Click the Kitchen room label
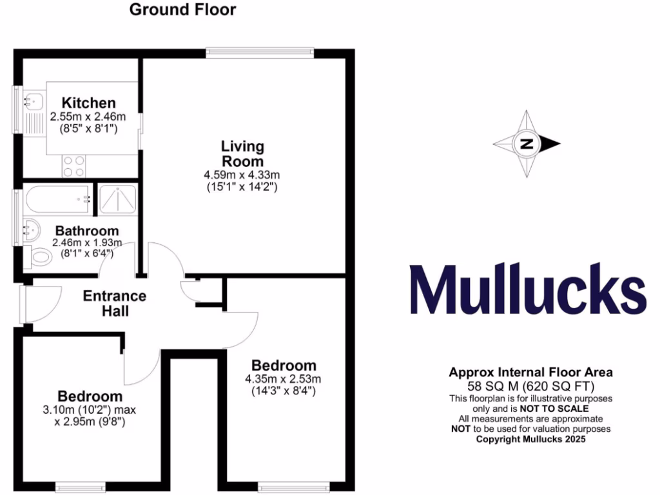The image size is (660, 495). click(x=88, y=103)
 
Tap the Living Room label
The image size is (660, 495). click(x=242, y=154)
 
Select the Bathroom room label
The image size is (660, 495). click(x=86, y=231)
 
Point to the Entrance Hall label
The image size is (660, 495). click(x=115, y=304)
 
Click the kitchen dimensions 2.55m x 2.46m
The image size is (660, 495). click(x=88, y=117)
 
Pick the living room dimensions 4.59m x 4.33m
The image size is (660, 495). click(x=242, y=175)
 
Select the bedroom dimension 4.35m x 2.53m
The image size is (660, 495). click(x=284, y=378)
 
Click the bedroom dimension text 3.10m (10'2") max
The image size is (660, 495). click(x=90, y=410)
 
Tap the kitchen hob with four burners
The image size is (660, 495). click(x=75, y=166)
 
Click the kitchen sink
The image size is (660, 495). click(x=32, y=101)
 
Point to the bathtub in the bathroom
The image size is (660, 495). click(x=57, y=199)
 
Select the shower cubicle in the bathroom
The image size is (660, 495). click(x=117, y=199)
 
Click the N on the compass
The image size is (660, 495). click(x=527, y=144)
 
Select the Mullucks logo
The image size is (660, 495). click(x=528, y=291)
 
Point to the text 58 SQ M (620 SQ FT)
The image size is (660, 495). click(x=530, y=387)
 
